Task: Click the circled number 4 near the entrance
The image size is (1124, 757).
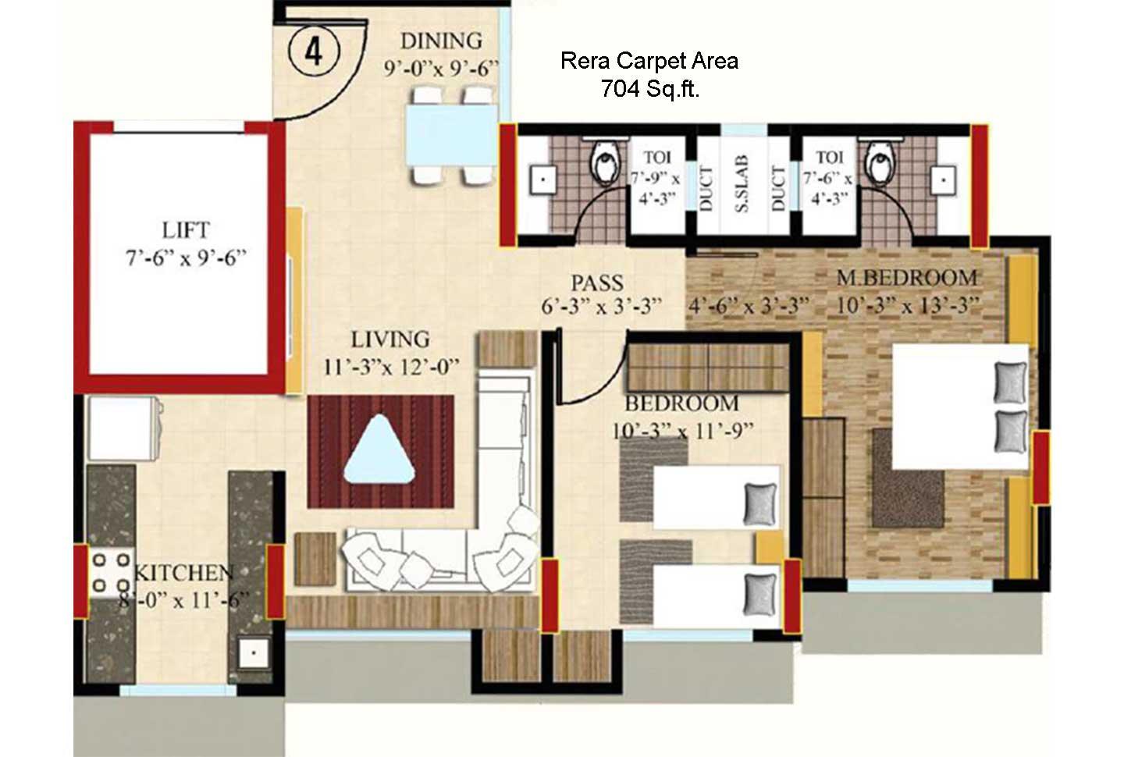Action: pyautogui.click(x=314, y=52)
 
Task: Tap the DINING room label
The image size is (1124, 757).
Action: pyautogui.click(x=441, y=41)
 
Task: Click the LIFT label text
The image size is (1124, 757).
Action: pyautogui.click(x=186, y=230)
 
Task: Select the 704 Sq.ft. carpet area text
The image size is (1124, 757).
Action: pyautogui.click(x=649, y=89)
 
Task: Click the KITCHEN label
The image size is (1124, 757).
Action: pyautogui.click(x=184, y=573)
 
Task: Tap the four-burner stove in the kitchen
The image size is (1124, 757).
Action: pyautogui.click(x=111, y=572)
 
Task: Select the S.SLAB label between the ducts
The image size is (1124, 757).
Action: pyautogui.click(x=742, y=184)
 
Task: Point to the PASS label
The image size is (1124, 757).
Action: pyautogui.click(x=597, y=283)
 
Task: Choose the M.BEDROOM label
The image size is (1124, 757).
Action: pyautogui.click(x=907, y=278)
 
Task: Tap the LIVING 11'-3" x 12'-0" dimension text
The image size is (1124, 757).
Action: pyautogui.click(x=391, y=367)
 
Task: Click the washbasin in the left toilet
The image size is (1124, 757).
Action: pyautogui.click(x=541, y=179)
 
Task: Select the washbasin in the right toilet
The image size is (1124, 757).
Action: pyautogui.click(x=944, y=179)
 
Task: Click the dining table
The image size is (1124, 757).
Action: pyautogui.click(x=451, y=134)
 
